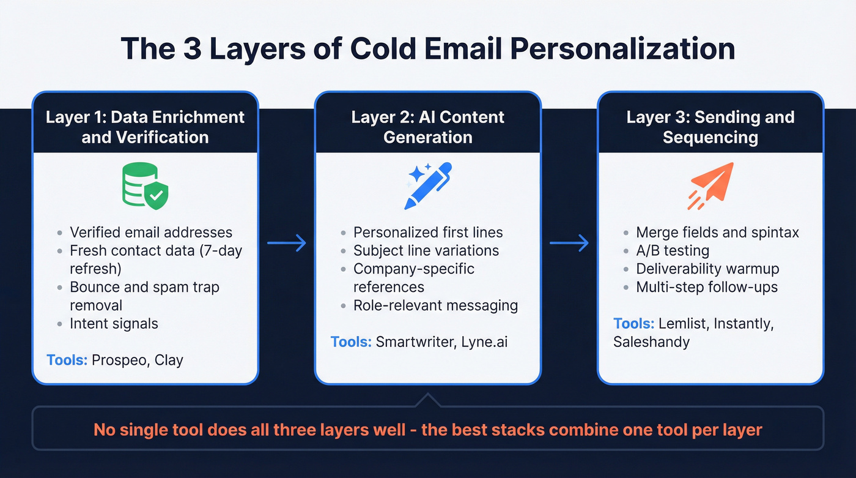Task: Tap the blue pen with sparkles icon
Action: point(428,185)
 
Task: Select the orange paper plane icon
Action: point(710,185)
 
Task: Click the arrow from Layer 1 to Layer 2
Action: point(287,244)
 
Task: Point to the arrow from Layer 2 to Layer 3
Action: point(569,244)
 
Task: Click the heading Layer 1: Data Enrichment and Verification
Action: point(146,127)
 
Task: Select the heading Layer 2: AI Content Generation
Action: point(428,127)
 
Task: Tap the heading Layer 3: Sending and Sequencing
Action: point(710,127)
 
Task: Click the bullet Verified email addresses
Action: point(151,233)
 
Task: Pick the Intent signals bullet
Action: point(114,324)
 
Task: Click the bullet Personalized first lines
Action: point(428,233)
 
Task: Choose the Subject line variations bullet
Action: point(426,251)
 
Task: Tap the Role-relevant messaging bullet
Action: point(435,305)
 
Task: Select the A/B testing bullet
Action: point(673,251)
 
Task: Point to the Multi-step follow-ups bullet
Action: point(707,287)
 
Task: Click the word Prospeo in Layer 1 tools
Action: point(119,360)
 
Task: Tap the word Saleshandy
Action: point(651,342)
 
